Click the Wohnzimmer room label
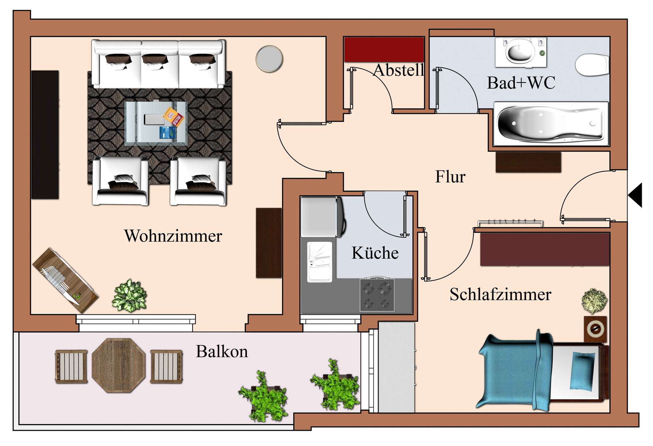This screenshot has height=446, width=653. tap(173, 236)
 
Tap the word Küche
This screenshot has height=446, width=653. tap(375, 253)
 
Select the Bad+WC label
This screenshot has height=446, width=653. tap(521, 83)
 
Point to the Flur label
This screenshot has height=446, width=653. tap(450, 177)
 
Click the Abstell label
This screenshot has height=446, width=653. tap(399, 71)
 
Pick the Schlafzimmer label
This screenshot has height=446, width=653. tap(500, 294)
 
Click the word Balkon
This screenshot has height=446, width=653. tap(222, 351)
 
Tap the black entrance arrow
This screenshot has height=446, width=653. tap(635, 195)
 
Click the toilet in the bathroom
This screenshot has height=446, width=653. tap(592, 65)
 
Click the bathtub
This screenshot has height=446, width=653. tap(550, 124)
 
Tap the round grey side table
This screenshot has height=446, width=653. tap(269, 59)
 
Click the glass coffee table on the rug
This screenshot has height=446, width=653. tap(156, 123)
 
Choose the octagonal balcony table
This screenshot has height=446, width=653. tap(119, 365)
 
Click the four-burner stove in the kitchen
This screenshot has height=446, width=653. tap(377, 295)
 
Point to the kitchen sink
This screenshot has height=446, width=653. tap(319, 262)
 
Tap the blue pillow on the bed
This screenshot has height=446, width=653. tap(583, 371)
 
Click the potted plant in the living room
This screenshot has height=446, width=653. tap(129, 295)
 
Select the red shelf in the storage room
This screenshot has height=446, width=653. tap(384, 50)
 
